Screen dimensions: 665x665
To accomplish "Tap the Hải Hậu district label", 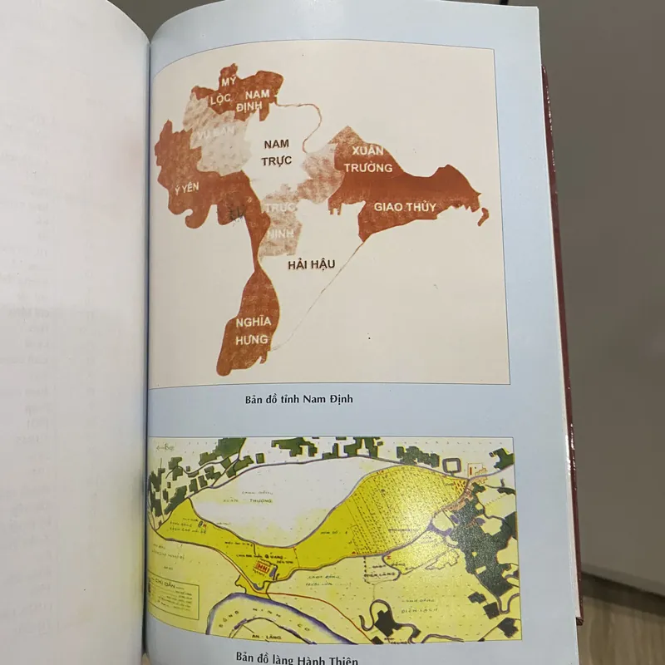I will click(x=311, y=264).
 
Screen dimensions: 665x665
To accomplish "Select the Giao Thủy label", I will click(x=404, y=205).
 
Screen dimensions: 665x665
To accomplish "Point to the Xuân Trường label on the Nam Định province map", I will click(x=367, y=159).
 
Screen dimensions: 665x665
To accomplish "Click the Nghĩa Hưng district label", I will click(x=251, y=332).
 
